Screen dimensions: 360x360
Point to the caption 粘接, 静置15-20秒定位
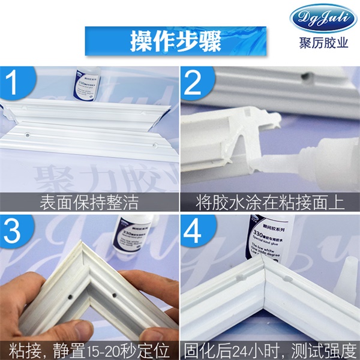point(90,349)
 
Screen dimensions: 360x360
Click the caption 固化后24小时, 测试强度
point(270,349)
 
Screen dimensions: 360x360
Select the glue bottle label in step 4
point(265,234)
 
